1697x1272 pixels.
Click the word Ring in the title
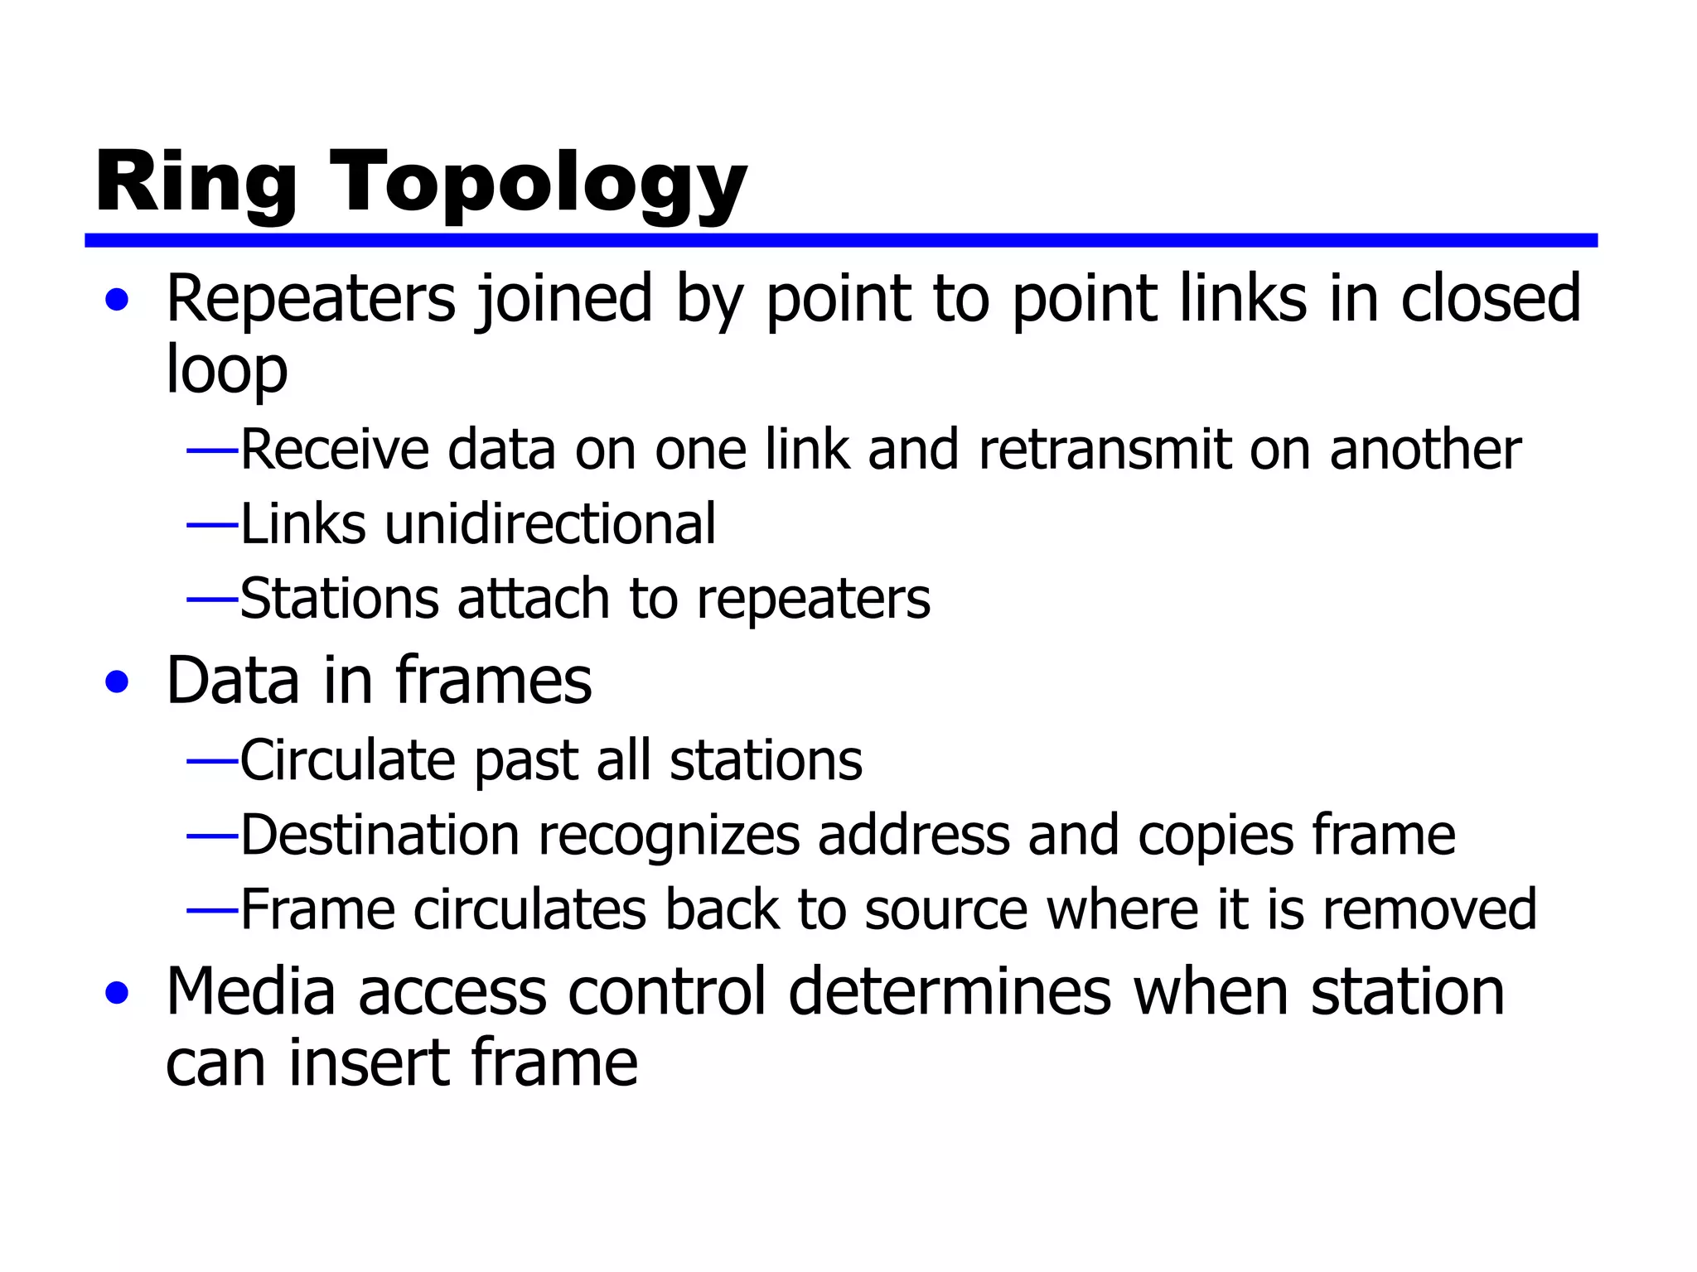point(196,184)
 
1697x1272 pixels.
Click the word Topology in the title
point(539,184)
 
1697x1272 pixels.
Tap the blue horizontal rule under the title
point(840,240)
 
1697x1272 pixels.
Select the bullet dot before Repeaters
point(117,300)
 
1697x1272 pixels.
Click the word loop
point(226,370)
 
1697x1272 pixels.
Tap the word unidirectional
point(549,524)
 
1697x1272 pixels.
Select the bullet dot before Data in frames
point(117,682)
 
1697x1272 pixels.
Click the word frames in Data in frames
point(493,681)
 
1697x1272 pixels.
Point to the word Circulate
point(347,760)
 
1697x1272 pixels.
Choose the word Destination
point(380,835)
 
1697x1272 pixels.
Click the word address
point(913,835)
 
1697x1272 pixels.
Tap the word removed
point(1429,909)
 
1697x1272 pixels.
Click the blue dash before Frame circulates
point(212,910)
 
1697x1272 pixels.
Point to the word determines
point(949,991)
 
